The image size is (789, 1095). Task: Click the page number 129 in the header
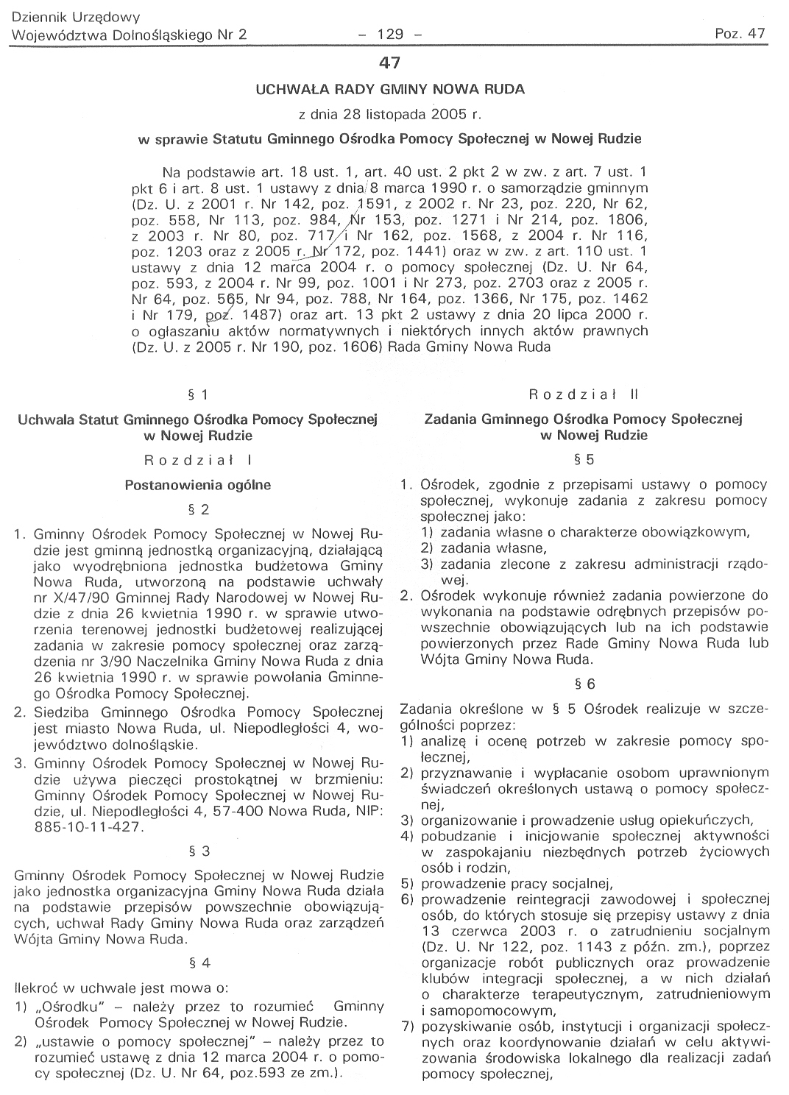(390, 34)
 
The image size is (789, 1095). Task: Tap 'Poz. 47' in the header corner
(740, 34)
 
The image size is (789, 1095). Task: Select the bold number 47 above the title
(389, 65)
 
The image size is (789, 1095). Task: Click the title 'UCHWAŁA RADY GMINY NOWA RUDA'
(389, 90)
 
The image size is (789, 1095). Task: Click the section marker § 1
(199, 395)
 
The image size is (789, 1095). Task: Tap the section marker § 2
(199, 509)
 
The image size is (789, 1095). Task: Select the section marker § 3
(199, 851)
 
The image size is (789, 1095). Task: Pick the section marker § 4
(199, 963)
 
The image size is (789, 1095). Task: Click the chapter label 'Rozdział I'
(199, 461)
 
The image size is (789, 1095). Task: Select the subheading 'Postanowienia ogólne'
(199, 485)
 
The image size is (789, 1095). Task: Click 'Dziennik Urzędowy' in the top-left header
(77, 16)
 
